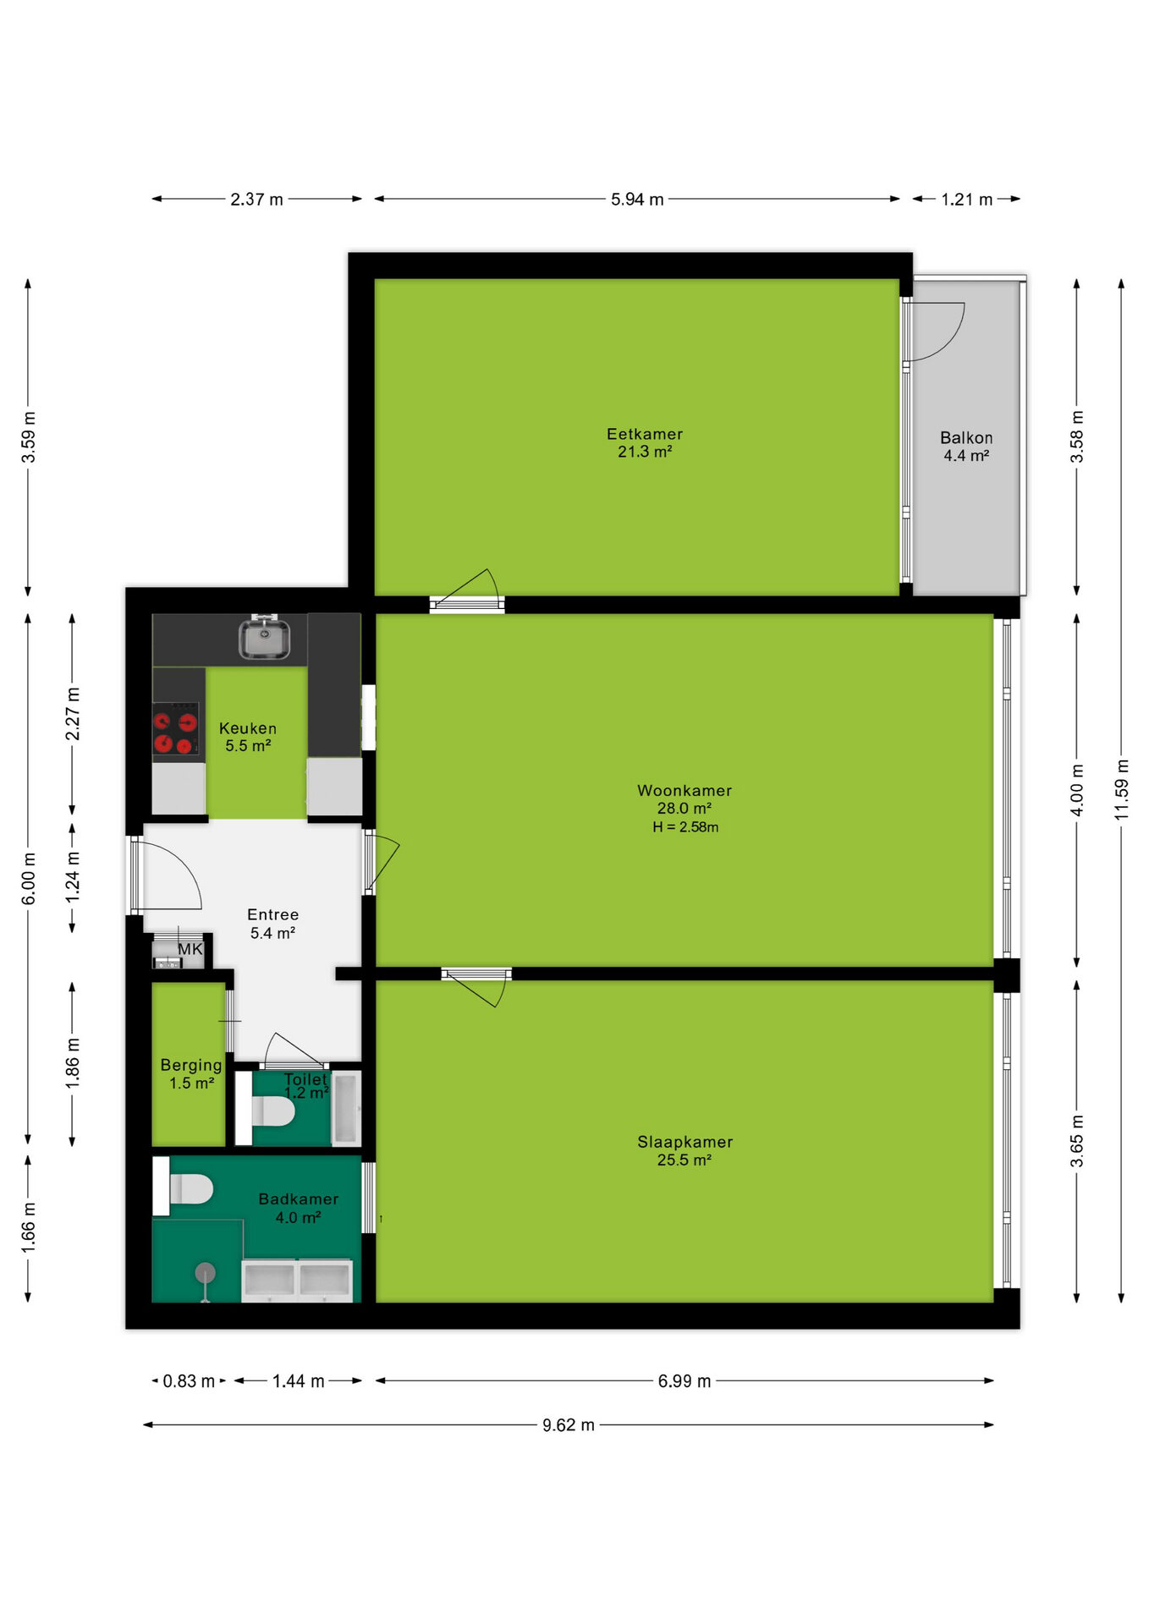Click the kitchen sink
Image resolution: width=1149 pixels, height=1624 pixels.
tap(265, 637)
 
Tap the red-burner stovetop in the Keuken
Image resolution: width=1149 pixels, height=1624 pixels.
tap(176, 732)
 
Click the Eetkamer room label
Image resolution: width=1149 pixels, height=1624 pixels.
tap(645, 434)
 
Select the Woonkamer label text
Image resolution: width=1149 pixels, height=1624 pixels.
tap(684, 791)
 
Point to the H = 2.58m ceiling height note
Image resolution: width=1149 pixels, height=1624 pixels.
tap(685, 827)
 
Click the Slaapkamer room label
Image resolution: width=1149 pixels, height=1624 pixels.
tap(685, 1142)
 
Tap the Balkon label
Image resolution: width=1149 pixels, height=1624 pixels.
tap(966, 438)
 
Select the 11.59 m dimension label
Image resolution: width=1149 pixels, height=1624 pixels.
tap(1122, 789)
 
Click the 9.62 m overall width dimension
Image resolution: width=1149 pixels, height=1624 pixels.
tap(569, 1425)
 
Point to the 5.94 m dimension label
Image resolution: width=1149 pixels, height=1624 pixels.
tap(637, 200)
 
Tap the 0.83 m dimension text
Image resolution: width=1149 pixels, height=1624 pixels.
tap(189, 1381)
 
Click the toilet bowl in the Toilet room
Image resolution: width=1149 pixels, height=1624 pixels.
tap(273, 1111)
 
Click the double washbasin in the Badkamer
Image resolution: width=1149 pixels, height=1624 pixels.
tap(297, 1280)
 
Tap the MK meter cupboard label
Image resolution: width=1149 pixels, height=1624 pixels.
tap(190, 949)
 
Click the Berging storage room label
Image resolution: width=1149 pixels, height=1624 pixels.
tap(191, 1065)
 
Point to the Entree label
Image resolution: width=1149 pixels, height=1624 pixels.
tap(272, 914)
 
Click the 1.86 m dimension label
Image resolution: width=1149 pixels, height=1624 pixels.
tap(73, 1063)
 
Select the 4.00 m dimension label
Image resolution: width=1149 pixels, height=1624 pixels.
tap(1077, 790)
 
